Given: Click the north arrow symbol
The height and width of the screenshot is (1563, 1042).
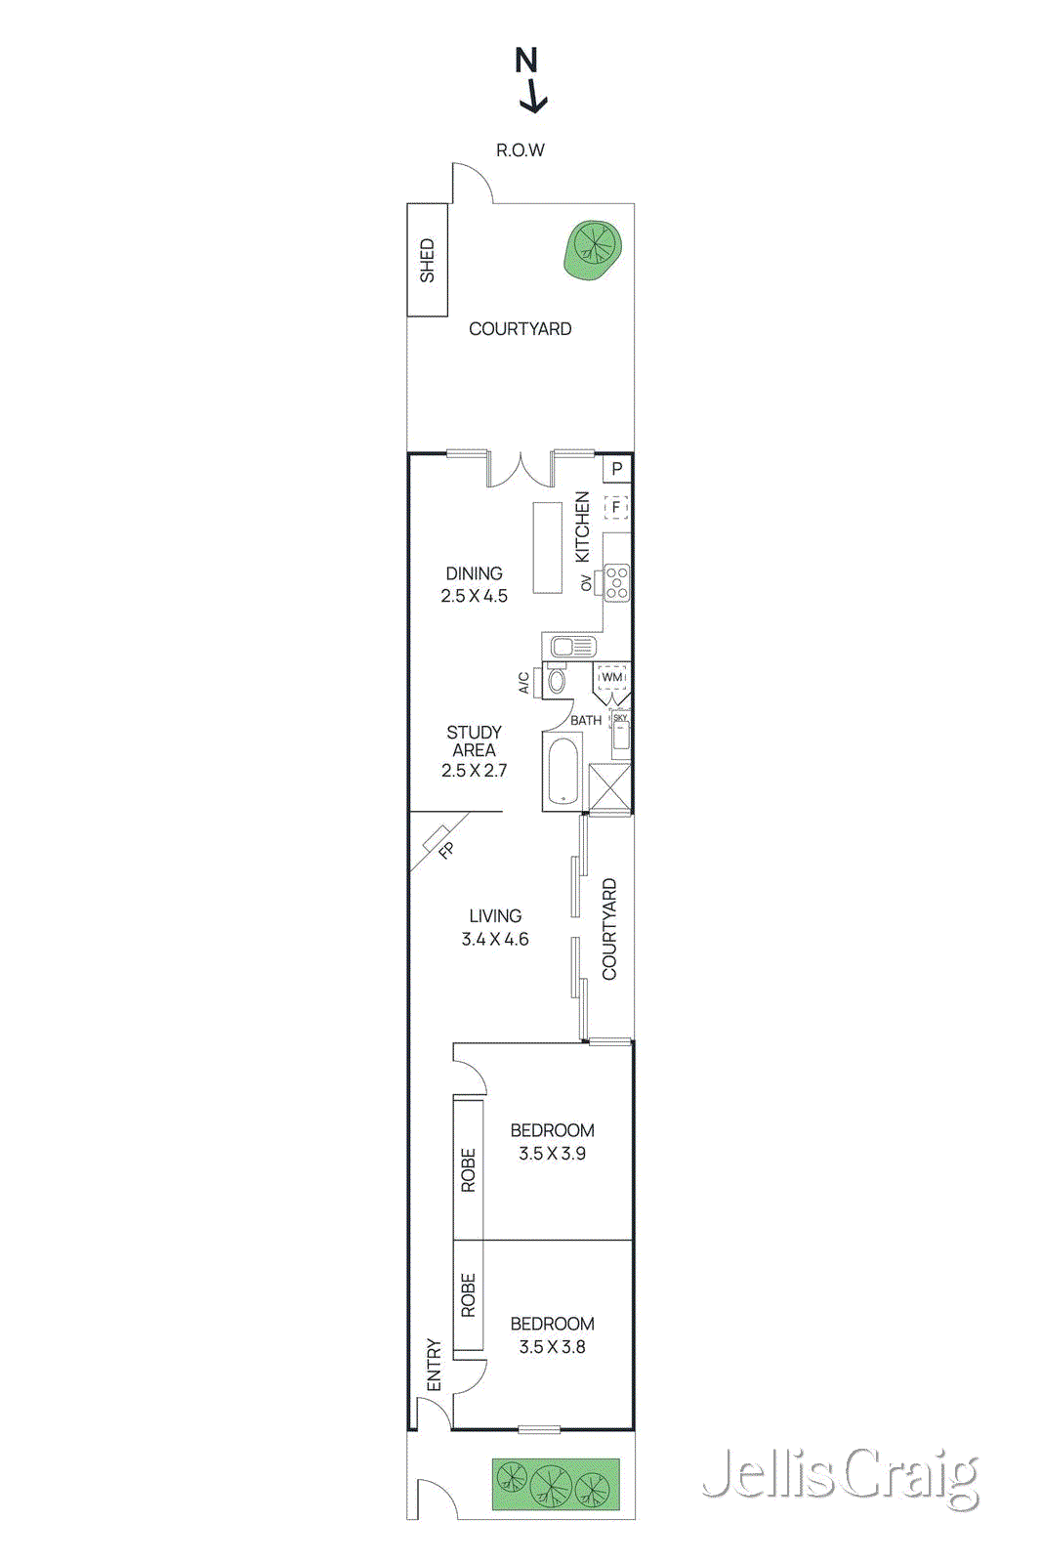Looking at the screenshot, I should click(x=530, y=80).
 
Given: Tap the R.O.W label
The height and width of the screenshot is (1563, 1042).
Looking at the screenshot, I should click(x=520, y=150).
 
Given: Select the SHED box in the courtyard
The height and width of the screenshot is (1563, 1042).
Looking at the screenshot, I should click(x=427, y=260).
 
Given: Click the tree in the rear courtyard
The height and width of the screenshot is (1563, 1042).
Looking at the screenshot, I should click(x=592, y=248).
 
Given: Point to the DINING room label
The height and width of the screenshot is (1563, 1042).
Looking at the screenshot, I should click(x=474, y=573).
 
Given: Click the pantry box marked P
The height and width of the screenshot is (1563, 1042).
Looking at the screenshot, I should click(x=617, y=469).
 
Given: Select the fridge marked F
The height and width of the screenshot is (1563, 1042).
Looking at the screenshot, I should click(x=616, y=507).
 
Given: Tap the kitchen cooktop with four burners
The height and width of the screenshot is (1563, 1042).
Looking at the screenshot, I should click(x=616, y=583).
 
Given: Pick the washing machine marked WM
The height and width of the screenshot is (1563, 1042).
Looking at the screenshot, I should click(x=612, y=677).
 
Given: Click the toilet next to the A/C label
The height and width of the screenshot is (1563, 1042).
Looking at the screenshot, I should click(x=557, y=680).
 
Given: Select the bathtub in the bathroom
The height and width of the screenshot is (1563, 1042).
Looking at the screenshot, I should click(x=563, y=772).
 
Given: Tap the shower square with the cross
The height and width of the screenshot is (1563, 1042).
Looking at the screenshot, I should click(x=609, y=788).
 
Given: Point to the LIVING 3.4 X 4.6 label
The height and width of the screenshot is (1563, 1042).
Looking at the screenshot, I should click(x=495, y=927).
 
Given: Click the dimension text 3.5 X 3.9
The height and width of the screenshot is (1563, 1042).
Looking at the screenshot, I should click(x=552, y=1154).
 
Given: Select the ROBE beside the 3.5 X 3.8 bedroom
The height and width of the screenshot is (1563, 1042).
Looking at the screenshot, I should click(x=469, y=1295).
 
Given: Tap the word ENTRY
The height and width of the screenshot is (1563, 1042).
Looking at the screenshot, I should click(x=435, y=1365).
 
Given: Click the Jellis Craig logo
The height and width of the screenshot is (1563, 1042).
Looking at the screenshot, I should click(x=840, y=1476).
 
